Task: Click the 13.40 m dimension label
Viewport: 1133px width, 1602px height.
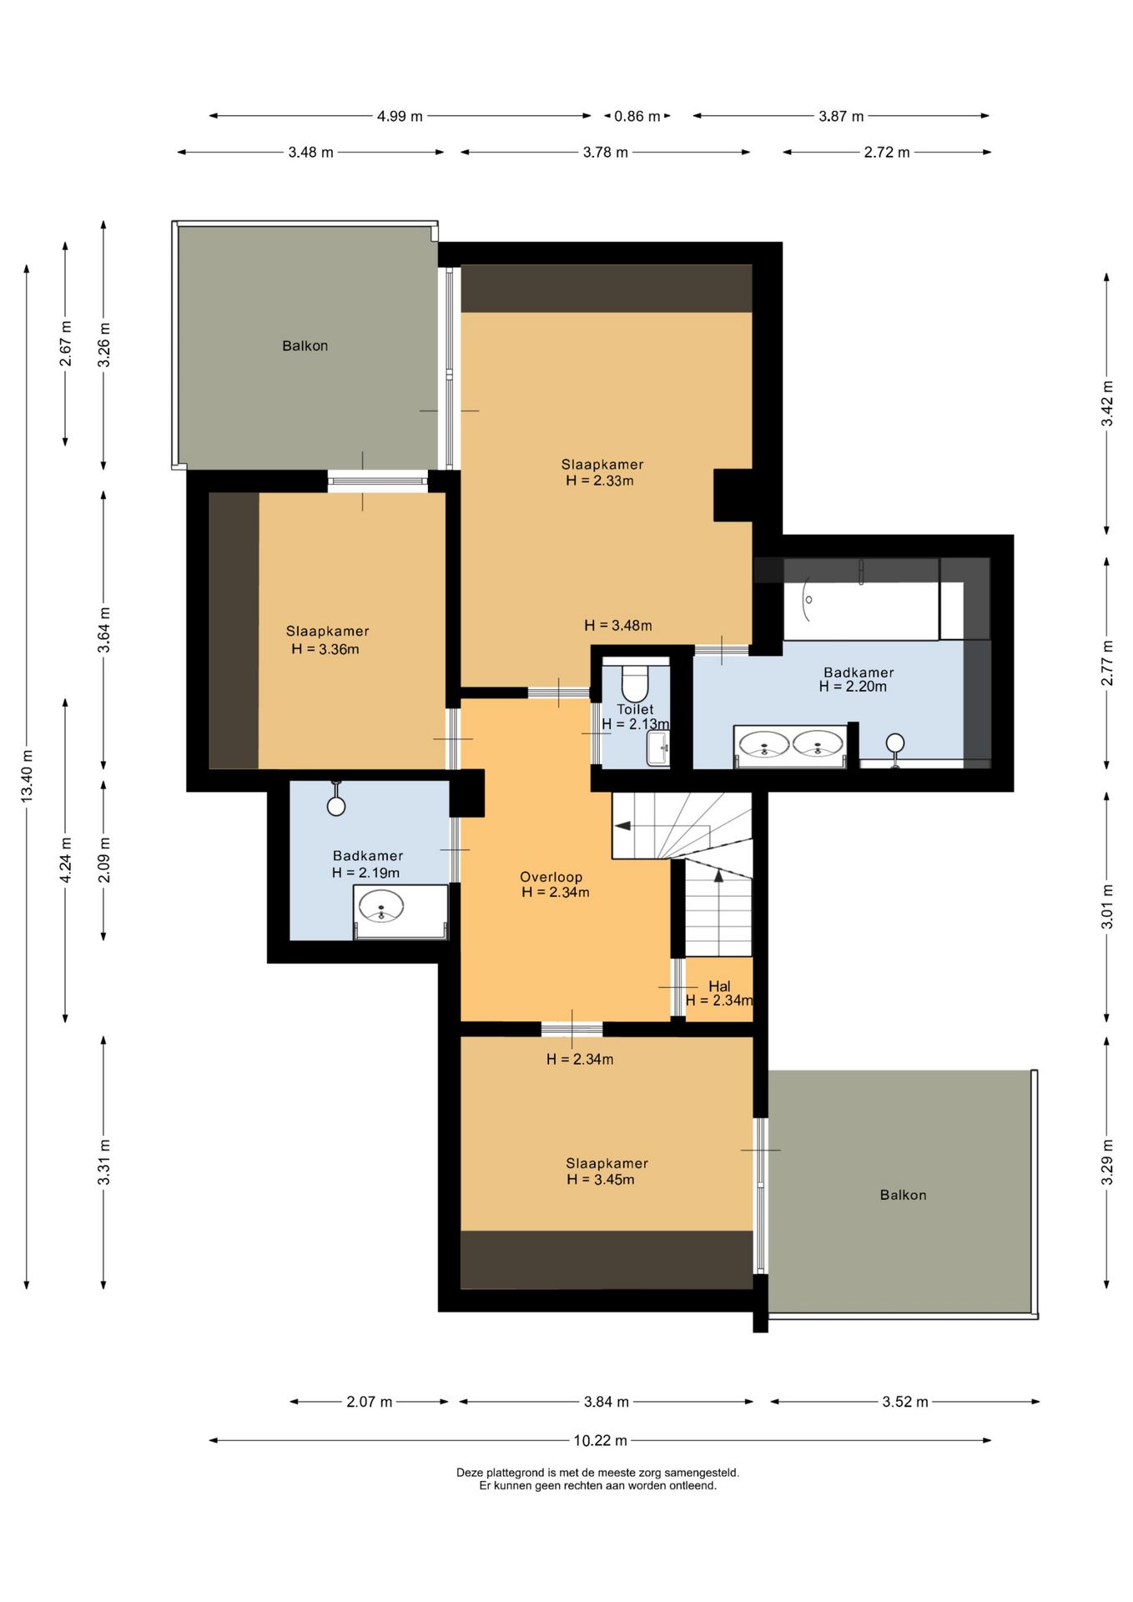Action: [27, 776]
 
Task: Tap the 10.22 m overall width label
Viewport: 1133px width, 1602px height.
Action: [600, 1440]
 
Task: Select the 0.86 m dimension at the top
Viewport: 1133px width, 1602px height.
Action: [637, 116]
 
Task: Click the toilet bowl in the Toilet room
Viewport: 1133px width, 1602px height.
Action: [634, 683]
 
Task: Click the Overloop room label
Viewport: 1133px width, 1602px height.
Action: [551, 877]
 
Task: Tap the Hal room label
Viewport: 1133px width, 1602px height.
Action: [719, 986]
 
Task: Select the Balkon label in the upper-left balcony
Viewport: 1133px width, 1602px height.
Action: [305, 345]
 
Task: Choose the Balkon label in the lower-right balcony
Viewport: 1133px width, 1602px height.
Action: [903, 1195]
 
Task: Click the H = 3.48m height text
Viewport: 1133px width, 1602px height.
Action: [618, 625]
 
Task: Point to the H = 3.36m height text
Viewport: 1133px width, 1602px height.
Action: [325, 649]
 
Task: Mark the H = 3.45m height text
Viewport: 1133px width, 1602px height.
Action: [601, 1179]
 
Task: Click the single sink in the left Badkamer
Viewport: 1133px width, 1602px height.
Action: [381, 906]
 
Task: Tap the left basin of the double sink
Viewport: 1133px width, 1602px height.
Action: [765, 743]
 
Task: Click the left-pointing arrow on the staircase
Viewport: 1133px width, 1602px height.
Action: [622, 825]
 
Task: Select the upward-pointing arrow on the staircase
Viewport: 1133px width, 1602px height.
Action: [718, 874]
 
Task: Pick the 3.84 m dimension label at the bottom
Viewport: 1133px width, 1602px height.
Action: [606, 1402]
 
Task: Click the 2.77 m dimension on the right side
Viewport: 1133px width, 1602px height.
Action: [1107, 663]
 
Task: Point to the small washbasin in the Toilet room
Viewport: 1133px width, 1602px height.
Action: [658, 748]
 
